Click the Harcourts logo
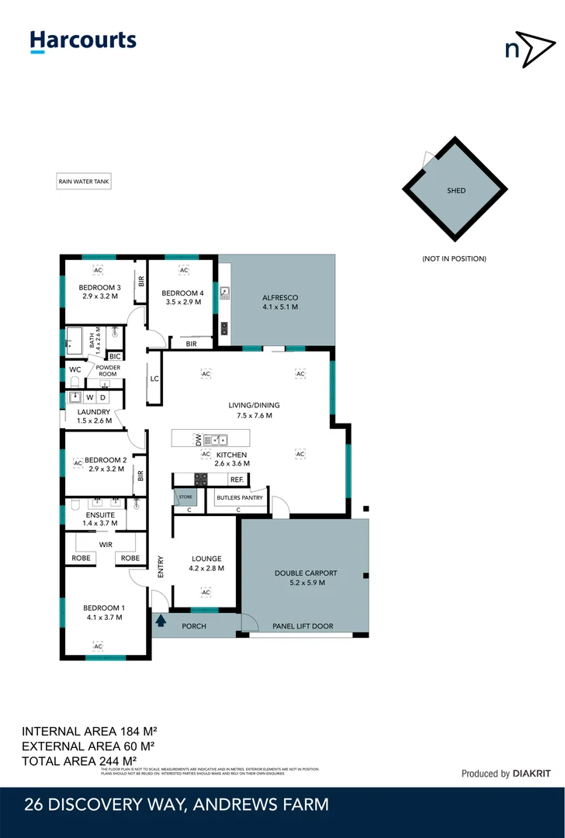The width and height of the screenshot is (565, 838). pyautogui.click(x=83, y=41)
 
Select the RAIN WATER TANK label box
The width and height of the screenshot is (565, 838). pyautogui.click(x=84, y=182)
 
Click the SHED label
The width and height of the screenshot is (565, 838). pyautogui.click(x=456, y=190)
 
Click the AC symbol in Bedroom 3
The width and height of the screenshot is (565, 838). pyautogui.click(x=98, y=270)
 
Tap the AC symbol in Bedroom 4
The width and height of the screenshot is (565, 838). pyautogui.click(x=184, y=270)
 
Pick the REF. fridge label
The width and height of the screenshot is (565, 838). pyautogui.click(x=237, y=480)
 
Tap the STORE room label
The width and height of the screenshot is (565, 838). pyautogui.click(x=185, y=497)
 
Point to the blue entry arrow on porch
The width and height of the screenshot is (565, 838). pyautogui.click(x=161, y=620)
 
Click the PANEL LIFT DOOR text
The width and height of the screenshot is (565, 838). pyautogui.click(x=303, y=626)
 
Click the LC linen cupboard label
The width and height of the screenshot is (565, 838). pyautogui.click(x=154, y=379)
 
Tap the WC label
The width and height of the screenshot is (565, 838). pyautogui.click(x=75, y=369)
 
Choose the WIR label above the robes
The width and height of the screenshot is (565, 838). pyautogui.click(x=106, y=545)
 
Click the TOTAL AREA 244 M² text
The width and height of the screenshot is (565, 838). pyautogui.click(x=79, y=760)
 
